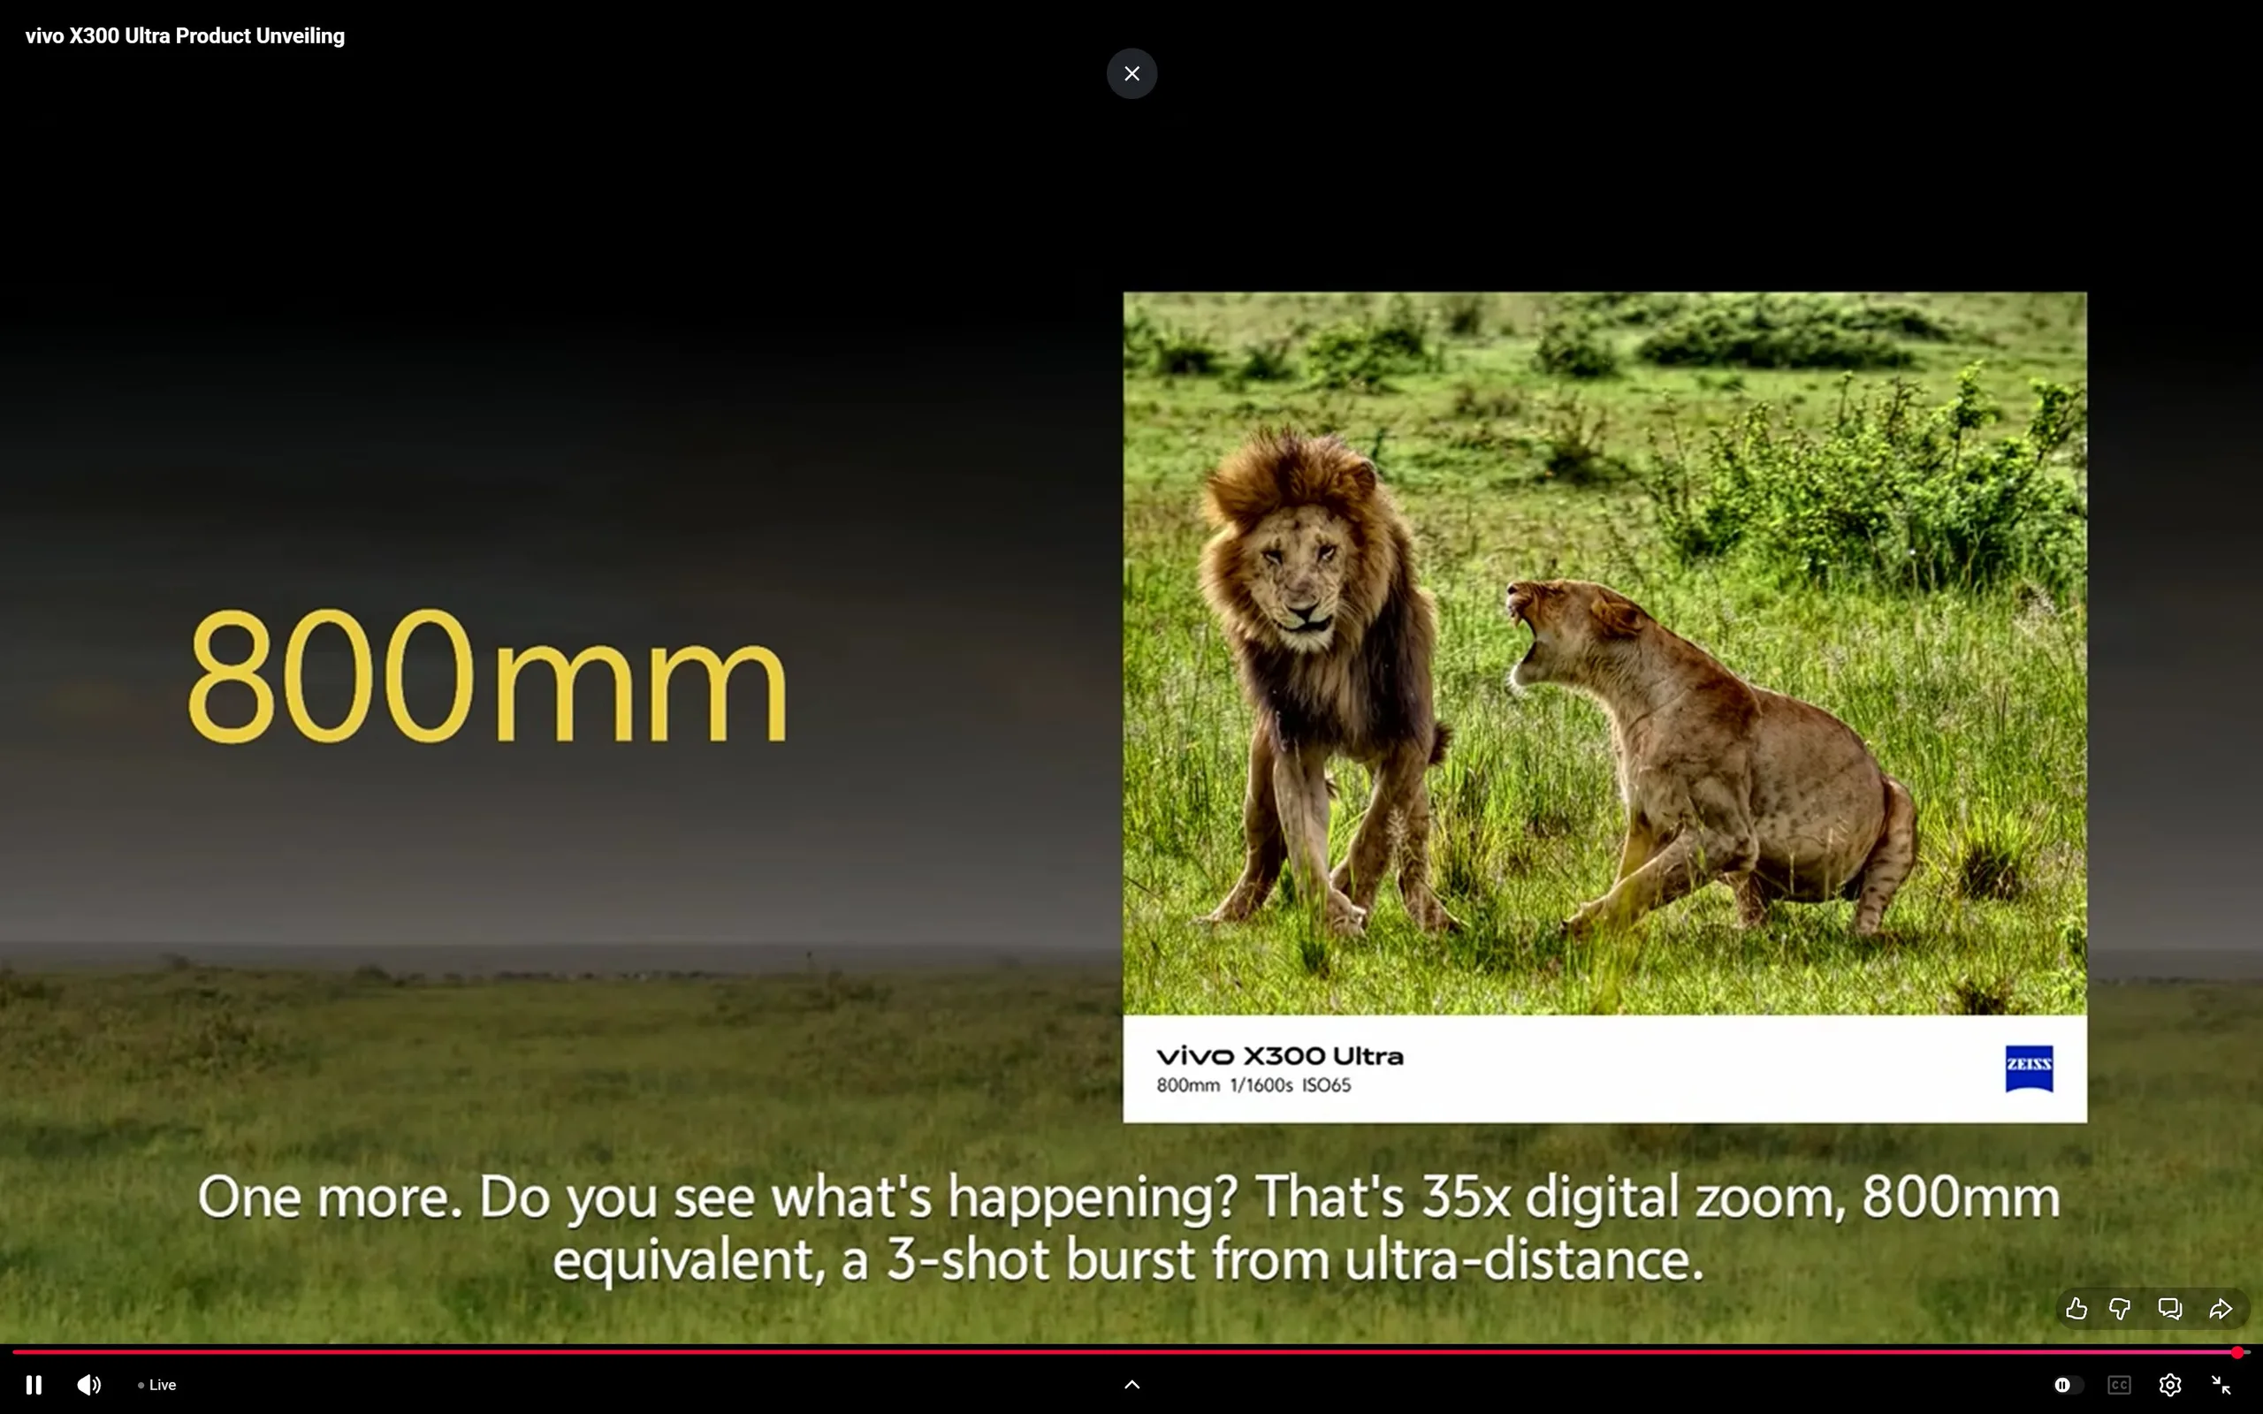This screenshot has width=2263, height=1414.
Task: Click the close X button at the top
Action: pos(1131,74)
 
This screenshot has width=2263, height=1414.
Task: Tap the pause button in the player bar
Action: pos(34,1384)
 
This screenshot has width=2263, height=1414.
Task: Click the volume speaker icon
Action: pos(88,1384)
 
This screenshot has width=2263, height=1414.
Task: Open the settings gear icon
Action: pos(2169,1384)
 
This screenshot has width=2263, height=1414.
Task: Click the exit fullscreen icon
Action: pos(2221,1384)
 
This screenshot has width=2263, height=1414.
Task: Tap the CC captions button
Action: pos(2119,1385)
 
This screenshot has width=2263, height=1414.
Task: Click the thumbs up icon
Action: pos(2076,1308)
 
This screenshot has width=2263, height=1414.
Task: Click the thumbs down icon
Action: pos(2120,1308)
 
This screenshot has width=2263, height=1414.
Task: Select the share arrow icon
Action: pos(2220,1308)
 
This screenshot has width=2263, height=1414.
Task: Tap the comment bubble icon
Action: pos(2169,1308)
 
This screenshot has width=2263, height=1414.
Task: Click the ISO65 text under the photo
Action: pos(1326,1085)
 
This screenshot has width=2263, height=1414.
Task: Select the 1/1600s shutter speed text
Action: pos(1261,1085)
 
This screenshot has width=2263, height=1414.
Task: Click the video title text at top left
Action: pos(185,35)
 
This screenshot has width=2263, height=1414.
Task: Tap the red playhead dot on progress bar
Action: pos(2236,1352)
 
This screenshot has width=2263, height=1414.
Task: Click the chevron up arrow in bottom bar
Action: pos(1131,1384)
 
